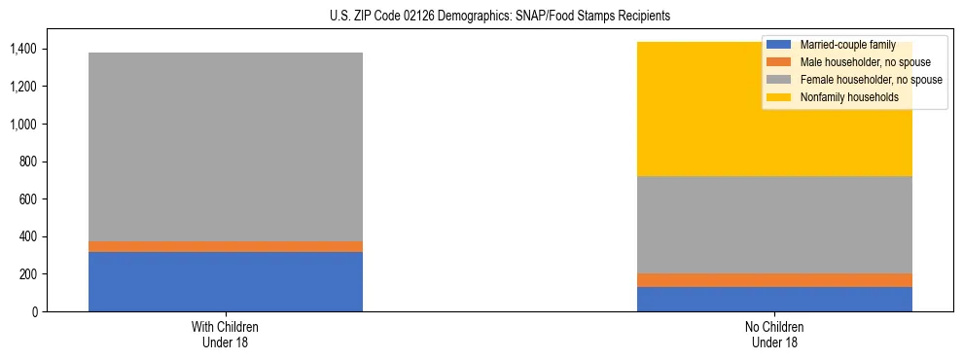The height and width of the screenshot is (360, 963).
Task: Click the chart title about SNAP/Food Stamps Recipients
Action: pyautogui.click(x=481, y=17)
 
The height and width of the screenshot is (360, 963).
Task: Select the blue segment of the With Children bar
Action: pyautogui.click(x=226, y=281)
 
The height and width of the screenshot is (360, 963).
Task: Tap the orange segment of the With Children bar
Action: pyautogui.click(x=226, y=246)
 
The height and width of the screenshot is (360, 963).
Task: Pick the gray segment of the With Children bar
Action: pyautogui.click(x=226, y=146)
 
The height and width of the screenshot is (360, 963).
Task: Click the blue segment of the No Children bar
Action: pyautogui.click(x=774, y=299)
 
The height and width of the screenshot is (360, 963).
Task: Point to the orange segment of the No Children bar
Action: pyautogui.click(x=774, y=280)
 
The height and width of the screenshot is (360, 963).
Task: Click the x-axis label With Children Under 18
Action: pyautogui.click(x=226, y=334)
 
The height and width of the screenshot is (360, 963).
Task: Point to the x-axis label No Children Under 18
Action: pyautogui.click(x=774, y=334)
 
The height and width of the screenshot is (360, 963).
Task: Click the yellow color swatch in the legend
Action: pyautogui.click(x=778, y=97)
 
